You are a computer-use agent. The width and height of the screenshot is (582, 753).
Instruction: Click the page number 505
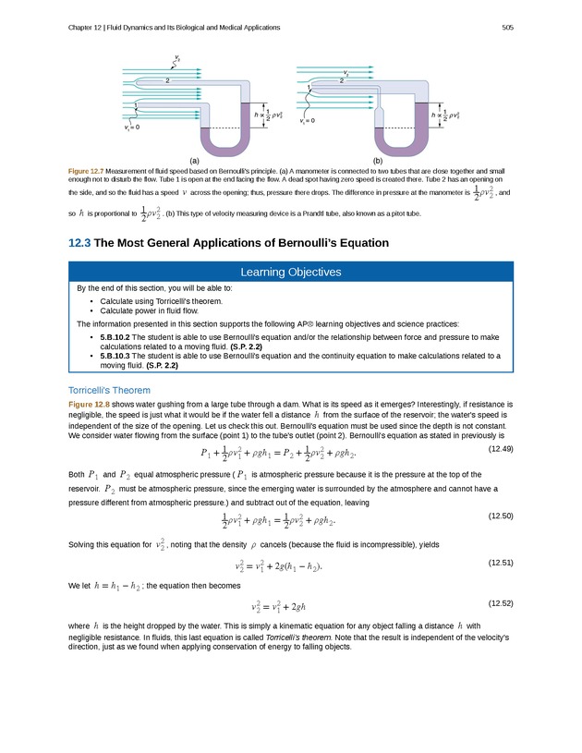[507, 27]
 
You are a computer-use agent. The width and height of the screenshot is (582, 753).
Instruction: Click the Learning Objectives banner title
[291, 272]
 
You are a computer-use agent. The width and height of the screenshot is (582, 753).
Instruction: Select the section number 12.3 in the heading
[79, 243]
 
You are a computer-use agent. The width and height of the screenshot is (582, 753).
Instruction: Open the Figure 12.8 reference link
[89, 405]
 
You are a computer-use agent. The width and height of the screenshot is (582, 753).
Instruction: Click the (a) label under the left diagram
[195, 160]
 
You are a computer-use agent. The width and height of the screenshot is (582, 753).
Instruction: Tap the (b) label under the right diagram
[378, 160]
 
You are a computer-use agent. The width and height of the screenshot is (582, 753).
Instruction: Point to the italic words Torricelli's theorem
[293, 638]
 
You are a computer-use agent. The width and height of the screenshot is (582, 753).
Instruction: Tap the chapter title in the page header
[175, 27]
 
